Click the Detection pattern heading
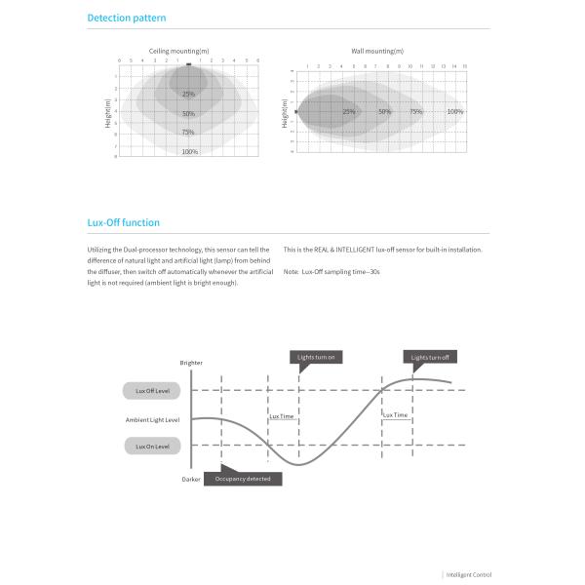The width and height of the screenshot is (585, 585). (x=127, y=19)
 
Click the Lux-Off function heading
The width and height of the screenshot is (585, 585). (x=124, y=223)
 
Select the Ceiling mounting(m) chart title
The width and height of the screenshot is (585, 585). (x=178, y=50)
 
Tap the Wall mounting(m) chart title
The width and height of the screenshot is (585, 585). (x=377, y=50)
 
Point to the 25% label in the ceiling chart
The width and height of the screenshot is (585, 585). (x=188, y=94)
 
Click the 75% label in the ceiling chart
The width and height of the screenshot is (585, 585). (x=188, y=132)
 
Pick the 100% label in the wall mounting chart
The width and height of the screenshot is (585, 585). (x=454, y=111)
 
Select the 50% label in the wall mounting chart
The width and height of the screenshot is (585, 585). (x=385, y=111)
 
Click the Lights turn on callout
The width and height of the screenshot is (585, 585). (x=316, y=358)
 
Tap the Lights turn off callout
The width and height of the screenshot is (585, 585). (x=430, y=358)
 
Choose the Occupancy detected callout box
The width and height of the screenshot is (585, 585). (x=243, y=479)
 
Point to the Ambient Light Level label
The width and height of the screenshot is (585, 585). (x=153, y=420)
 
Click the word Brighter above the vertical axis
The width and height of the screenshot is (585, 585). (x=191, y=363)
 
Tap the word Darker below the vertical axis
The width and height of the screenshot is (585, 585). (x=191, y=480)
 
